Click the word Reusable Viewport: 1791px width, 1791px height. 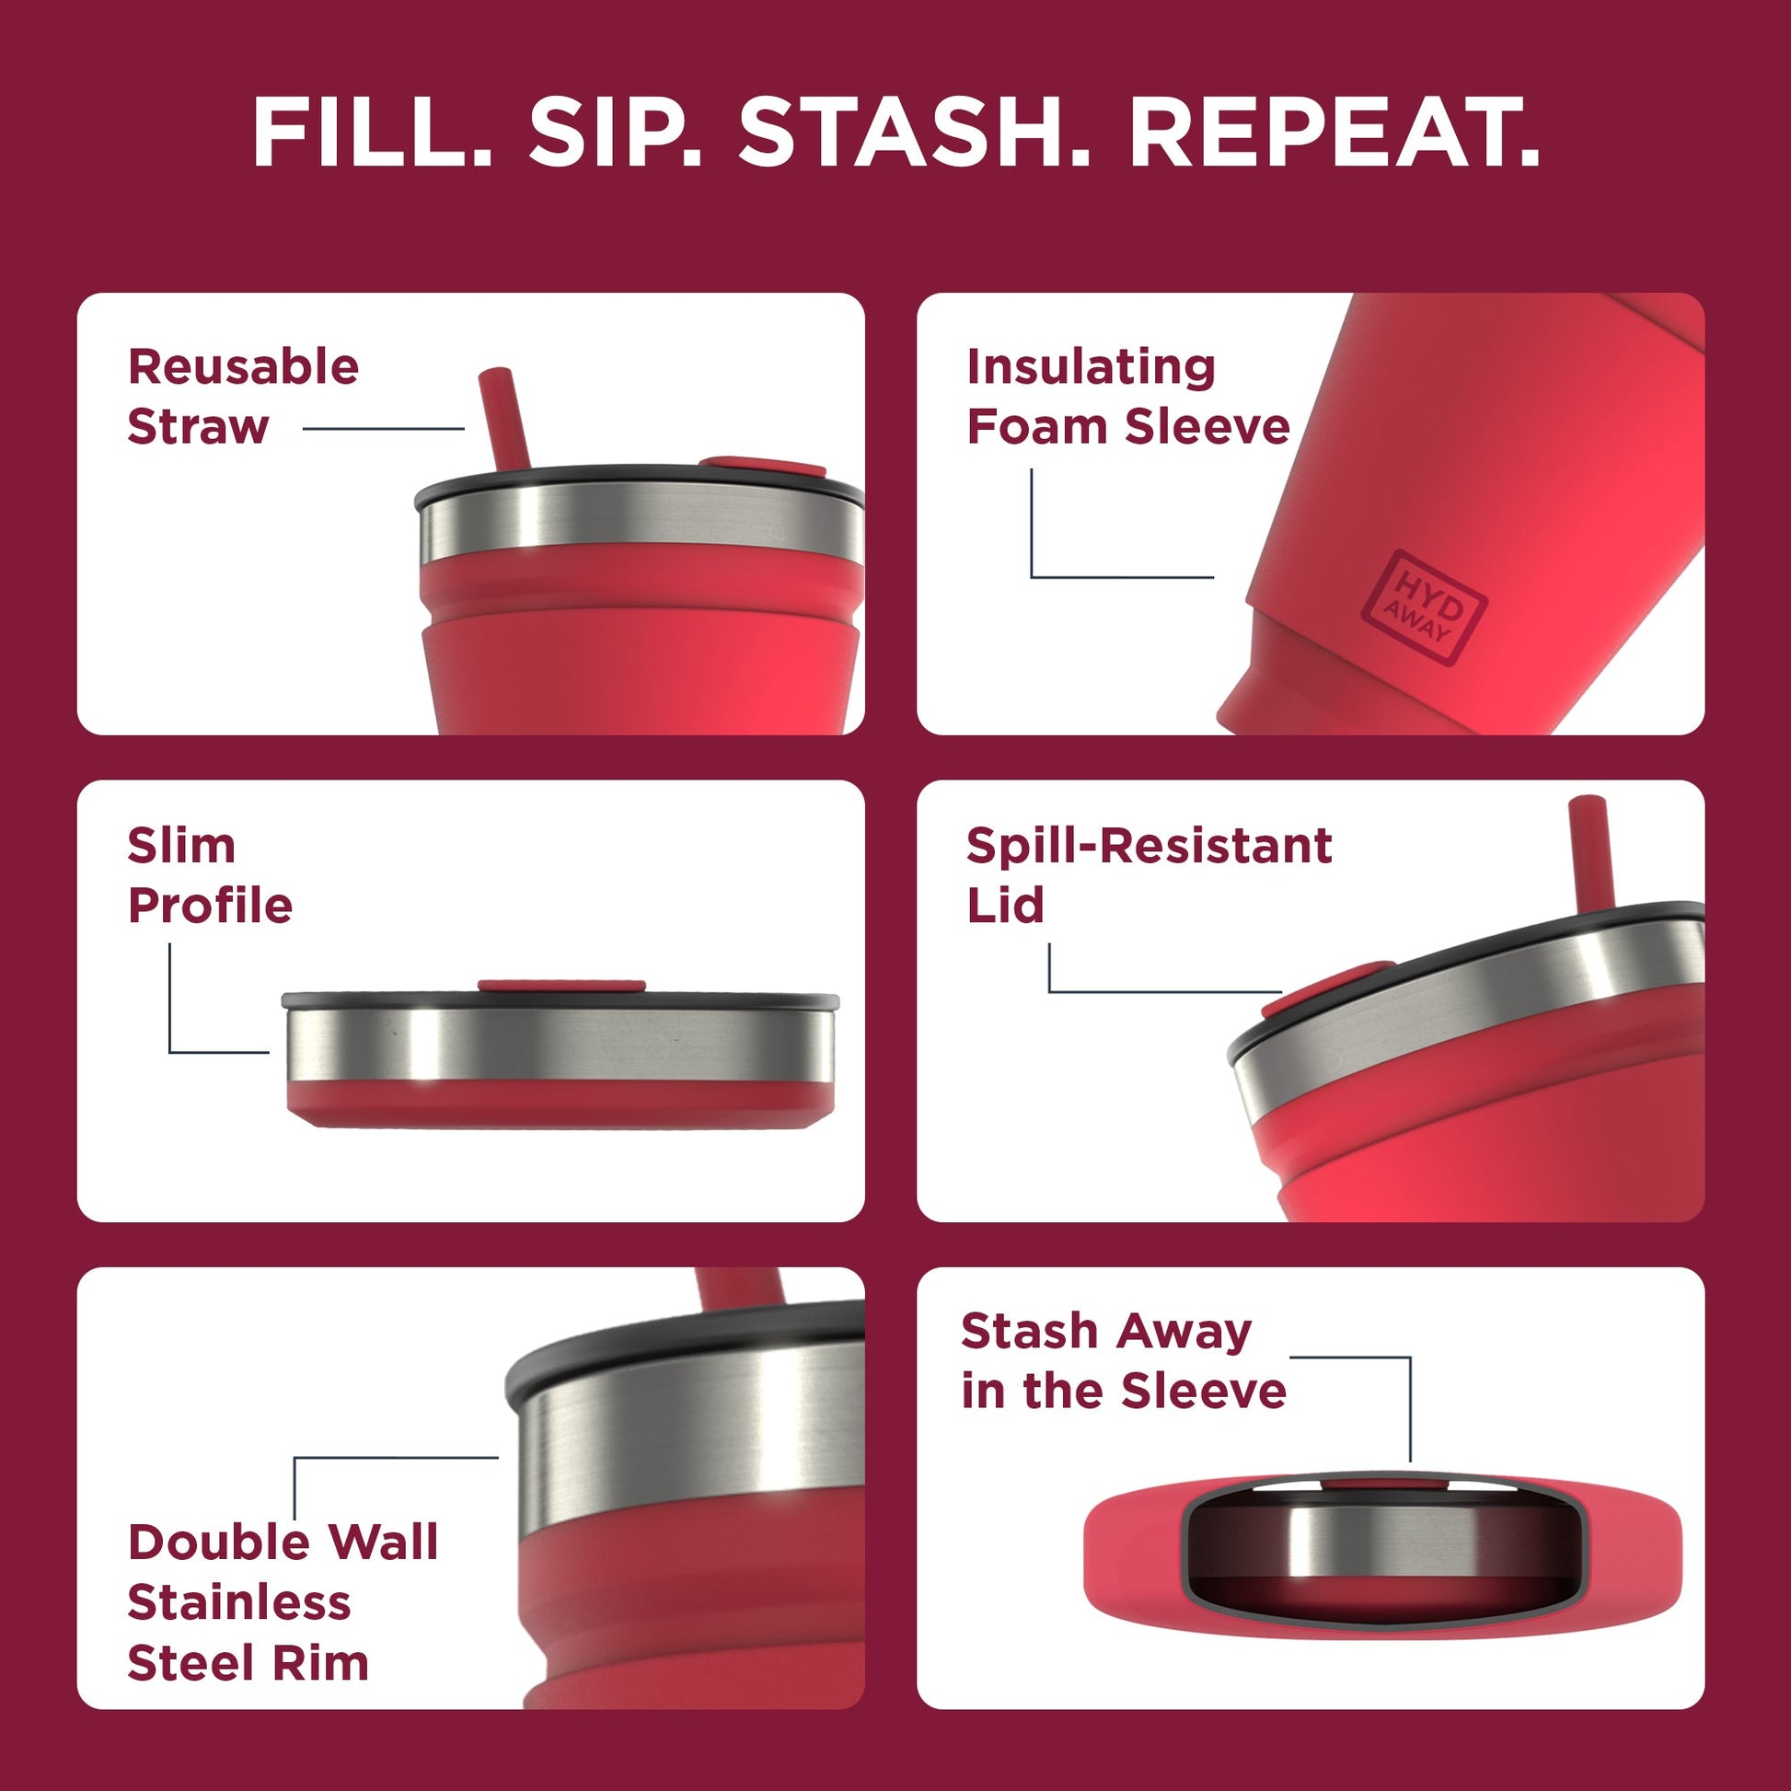pos(243,367)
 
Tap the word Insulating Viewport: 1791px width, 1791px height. pos(1092,367)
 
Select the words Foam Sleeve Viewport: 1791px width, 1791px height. pos(1128,427)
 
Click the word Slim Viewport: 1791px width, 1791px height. pos(181,846)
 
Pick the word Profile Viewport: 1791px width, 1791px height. pos(211,906)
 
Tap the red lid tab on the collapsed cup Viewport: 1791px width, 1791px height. pos(561,986)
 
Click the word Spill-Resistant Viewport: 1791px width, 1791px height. pos(1149,846)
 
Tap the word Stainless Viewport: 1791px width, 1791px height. pos(239,1603)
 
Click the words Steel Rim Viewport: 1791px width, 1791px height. pos(248,1663)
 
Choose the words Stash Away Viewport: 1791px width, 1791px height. pos(1106,1332)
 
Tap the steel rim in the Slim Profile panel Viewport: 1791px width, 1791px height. pos(556,1044)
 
